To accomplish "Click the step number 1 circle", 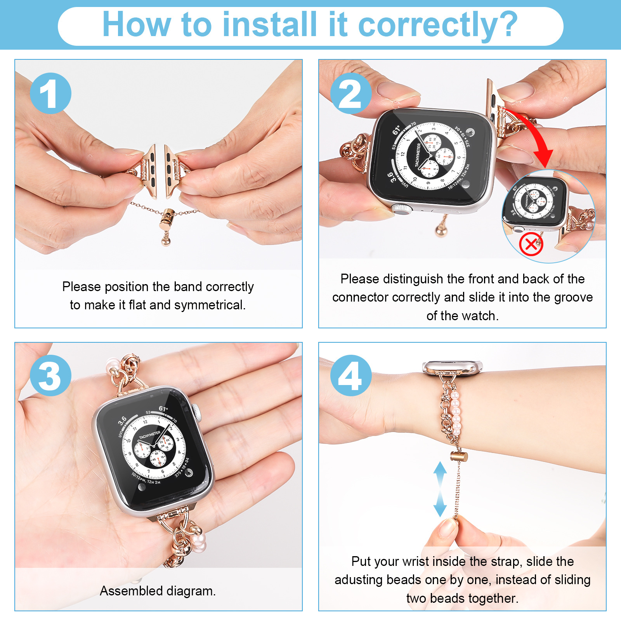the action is pos(50,93).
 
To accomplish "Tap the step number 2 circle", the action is pos(351,93).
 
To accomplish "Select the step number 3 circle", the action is pos(50,375).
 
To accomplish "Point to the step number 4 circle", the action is pos(351,375).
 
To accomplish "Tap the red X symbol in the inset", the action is pos(531,245).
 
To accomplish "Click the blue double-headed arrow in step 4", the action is pos(440,489).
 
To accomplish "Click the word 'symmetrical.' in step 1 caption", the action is pos(210,305).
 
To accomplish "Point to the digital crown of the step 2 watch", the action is pos(401,208).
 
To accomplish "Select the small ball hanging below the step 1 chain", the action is pos(166,241).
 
